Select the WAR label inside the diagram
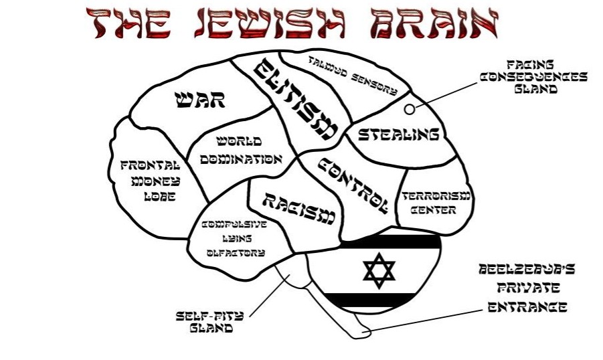click(200, 101)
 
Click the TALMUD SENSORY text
click(352, 75)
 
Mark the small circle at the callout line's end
click(409, 107)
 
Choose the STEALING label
click(398, 134)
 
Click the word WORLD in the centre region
click(239, 142)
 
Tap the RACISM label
click(297, 208)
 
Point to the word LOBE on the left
click(159, 197)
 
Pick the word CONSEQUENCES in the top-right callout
click(534, 76)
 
